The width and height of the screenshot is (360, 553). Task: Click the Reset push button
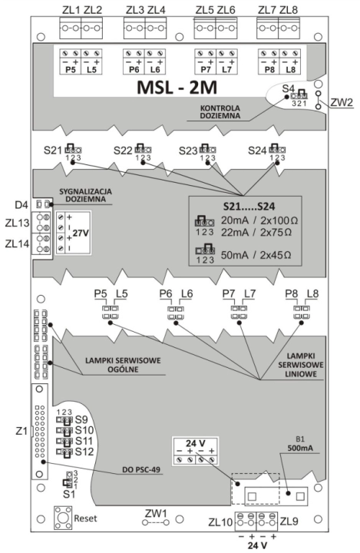63,518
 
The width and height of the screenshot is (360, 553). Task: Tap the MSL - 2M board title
177,88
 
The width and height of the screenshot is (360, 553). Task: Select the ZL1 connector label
71,10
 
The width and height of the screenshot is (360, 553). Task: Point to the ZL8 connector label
289,10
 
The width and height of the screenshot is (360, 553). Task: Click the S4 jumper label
288,88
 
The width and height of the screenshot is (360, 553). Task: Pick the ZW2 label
342,102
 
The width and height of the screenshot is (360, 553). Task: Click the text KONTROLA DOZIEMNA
220,112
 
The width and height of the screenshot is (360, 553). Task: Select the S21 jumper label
53,151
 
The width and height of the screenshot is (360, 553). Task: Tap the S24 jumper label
257,151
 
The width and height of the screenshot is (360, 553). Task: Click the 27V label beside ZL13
81,233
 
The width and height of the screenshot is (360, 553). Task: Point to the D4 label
21,204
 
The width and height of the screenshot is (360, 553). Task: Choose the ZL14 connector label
18,243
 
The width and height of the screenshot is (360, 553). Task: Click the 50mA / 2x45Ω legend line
256,255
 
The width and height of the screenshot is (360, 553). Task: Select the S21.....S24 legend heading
249,206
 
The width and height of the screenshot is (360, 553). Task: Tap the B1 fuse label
300,439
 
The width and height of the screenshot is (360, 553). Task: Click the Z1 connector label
21,431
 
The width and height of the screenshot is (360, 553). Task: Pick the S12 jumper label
84,452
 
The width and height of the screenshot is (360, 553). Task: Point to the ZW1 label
156,513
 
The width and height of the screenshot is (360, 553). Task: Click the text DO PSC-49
141,470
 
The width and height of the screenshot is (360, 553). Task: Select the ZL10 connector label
220,522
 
